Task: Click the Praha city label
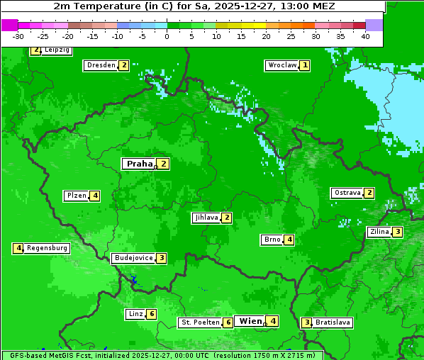139,164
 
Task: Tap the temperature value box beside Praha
164,164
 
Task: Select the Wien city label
250,321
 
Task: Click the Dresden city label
101,65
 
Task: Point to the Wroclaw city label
281,65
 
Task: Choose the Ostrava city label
347,193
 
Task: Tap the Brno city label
272,240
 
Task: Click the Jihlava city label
206,218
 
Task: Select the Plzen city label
76,196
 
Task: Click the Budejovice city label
133,258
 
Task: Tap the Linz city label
135,314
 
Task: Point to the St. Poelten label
200,322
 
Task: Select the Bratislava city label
333,322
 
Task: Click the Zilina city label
379,232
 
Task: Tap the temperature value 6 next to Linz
152,314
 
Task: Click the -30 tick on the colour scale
18,36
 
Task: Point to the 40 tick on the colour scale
365,36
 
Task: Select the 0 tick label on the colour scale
167,36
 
